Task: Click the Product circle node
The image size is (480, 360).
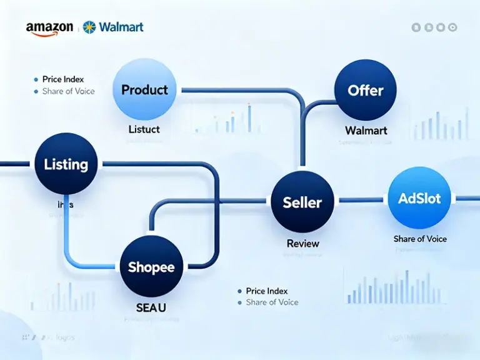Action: [x=144, y=90]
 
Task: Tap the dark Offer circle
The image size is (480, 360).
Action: [x=366, y=90]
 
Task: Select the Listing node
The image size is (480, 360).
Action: [x=66, y=164]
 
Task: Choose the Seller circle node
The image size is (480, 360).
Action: [x=302, y=202]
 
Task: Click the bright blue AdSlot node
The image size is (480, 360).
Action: [x=419, y=198]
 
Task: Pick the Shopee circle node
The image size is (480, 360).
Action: [x=151, y=267]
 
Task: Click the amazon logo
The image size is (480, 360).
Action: [x=49, y=28]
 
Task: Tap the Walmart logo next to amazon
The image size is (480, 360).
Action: [x=113, y=27]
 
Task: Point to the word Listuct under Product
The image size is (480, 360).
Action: [x=144, y=129]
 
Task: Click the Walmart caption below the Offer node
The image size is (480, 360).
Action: [x=366, y=131]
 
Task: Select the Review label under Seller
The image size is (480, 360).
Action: [x=302, y=244]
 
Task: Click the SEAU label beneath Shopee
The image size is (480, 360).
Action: [x=151, y=308]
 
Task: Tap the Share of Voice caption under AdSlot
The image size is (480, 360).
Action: [x=420, y=239]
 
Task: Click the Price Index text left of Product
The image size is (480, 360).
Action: [x=62, y=79]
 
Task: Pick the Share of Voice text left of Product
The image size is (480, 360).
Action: [x=68, y=91]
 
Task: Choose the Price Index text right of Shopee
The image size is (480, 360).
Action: [x=266, y=291]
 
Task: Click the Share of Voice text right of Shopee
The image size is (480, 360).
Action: [x=272, y=302]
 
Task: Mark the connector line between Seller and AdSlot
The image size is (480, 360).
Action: [x=361, y=200]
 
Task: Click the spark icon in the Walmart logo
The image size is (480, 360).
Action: [x=90, y=27]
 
